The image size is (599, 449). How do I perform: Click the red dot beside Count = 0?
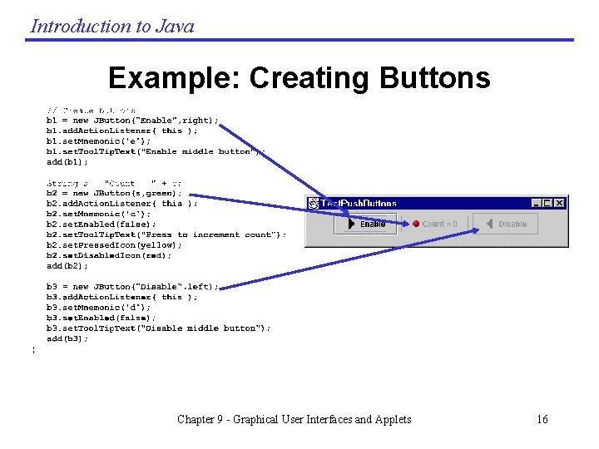click(416, 224)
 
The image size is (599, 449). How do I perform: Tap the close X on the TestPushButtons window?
click(560, 202)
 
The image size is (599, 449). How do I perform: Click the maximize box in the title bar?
click(548, 202)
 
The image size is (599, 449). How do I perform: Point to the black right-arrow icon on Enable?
click(352, 224)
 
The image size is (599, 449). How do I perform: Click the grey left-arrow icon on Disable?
click(489, 224)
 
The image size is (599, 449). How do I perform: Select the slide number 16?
click(542, 419)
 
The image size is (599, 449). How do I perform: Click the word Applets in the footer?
click(390, 419)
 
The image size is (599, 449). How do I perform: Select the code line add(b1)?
click(66, 161)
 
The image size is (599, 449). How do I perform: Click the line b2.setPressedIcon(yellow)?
click(114, 245)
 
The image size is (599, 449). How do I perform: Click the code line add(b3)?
click(67, 338)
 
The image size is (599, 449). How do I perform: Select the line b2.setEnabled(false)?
click(101, 224)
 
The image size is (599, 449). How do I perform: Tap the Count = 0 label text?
click(439, 224)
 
